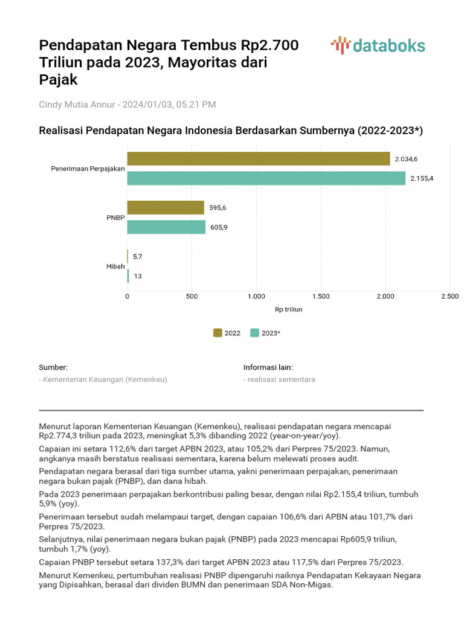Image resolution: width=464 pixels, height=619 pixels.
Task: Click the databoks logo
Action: tap(378, 46)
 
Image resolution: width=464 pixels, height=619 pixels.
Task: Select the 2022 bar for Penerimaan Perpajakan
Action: tap(259, 158)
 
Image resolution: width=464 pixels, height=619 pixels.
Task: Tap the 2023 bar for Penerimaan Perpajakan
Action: tap(266, 178)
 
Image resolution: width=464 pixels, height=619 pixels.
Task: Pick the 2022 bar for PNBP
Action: tap(166, 207)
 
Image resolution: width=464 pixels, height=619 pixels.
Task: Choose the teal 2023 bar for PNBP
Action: tap(166, 227)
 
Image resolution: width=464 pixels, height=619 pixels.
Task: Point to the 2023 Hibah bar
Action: tap(128, 276)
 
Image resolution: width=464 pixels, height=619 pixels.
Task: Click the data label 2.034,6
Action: tap(406, 159)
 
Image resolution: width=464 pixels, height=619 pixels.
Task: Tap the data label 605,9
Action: tap(219, 228)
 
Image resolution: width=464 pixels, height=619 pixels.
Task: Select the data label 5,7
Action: tap(138, 257)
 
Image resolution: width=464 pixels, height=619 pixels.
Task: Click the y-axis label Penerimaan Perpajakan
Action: tap(88, 169)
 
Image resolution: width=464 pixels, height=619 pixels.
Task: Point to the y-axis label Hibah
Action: tap(115, 267)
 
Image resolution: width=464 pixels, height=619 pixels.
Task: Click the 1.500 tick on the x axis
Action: tap(321, 296)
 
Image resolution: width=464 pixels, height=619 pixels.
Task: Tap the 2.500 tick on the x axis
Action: tap(449, 296)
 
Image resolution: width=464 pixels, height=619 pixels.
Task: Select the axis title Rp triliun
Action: tap(288, 309)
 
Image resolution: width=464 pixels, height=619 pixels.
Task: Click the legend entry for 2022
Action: tap(227, 332)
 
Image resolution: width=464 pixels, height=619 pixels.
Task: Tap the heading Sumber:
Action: tap(53, 367)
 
